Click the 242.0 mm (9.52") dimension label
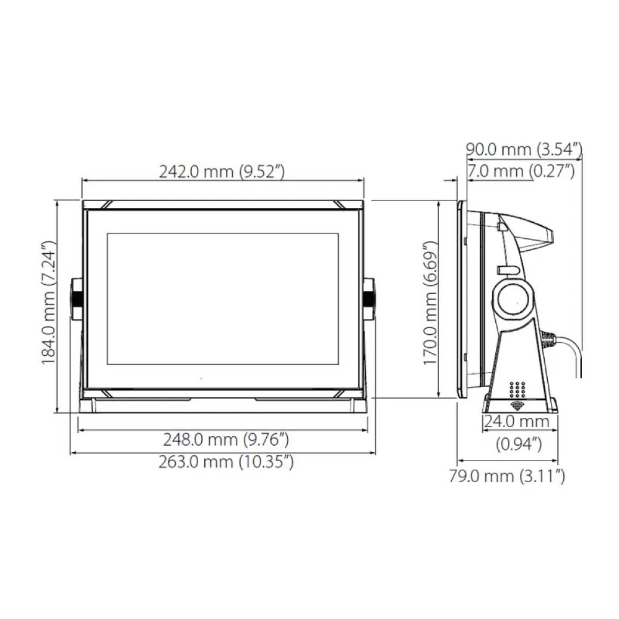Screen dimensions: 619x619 coord(222,171)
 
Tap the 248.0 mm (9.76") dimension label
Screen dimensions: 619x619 coord(226,439)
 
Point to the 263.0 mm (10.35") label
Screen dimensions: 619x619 coord(226,462)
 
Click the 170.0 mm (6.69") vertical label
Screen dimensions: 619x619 coord(430,303)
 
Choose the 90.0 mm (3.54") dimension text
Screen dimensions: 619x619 coord(524,149)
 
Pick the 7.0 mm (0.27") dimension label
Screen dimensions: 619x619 coord(521,171)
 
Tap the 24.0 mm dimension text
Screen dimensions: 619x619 coord(516,422)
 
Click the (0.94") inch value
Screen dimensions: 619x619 coord(519,444)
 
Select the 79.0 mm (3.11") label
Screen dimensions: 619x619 coord(507,476)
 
